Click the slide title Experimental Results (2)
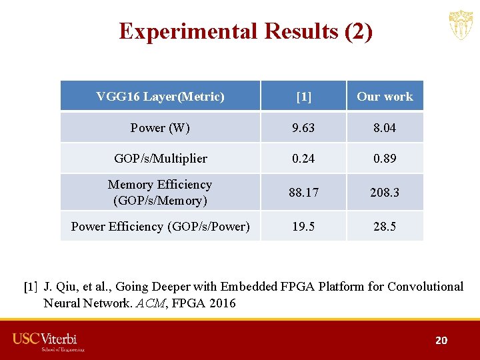point(245,31)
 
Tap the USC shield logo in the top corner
point(461,25)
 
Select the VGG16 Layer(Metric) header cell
point(160,97)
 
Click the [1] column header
point(303,97)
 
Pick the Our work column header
point(385,97)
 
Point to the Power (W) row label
point(160,127)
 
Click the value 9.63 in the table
point(303,127)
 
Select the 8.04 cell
point(385,127)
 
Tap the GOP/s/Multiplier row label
point(160,159)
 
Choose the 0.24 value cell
point(303,159)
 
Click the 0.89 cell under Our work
point(385,159)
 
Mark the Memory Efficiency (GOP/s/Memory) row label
point(160,192)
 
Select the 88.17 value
point(303,193)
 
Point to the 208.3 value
point(385,193)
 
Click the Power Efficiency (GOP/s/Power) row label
point(160,227)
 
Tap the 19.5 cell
point(303,227)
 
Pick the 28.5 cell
point(385,227)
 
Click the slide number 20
point(441,341)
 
